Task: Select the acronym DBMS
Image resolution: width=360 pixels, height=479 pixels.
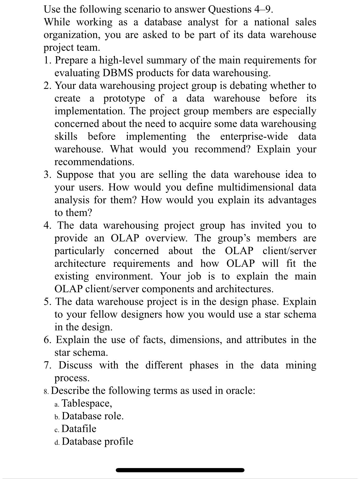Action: pos(118,73)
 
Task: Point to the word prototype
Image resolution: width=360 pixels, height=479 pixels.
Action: pos(124,99)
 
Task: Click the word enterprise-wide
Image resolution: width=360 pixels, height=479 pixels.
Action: pos(254,137)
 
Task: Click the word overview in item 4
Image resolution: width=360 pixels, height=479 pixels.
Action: pos(166,238)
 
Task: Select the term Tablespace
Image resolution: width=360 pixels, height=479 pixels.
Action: pos(87,403)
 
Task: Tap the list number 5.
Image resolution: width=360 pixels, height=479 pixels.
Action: pos(47,302)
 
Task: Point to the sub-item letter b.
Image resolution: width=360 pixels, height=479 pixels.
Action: pos(57,417)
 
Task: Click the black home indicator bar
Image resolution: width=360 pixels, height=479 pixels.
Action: pos(180,470)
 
